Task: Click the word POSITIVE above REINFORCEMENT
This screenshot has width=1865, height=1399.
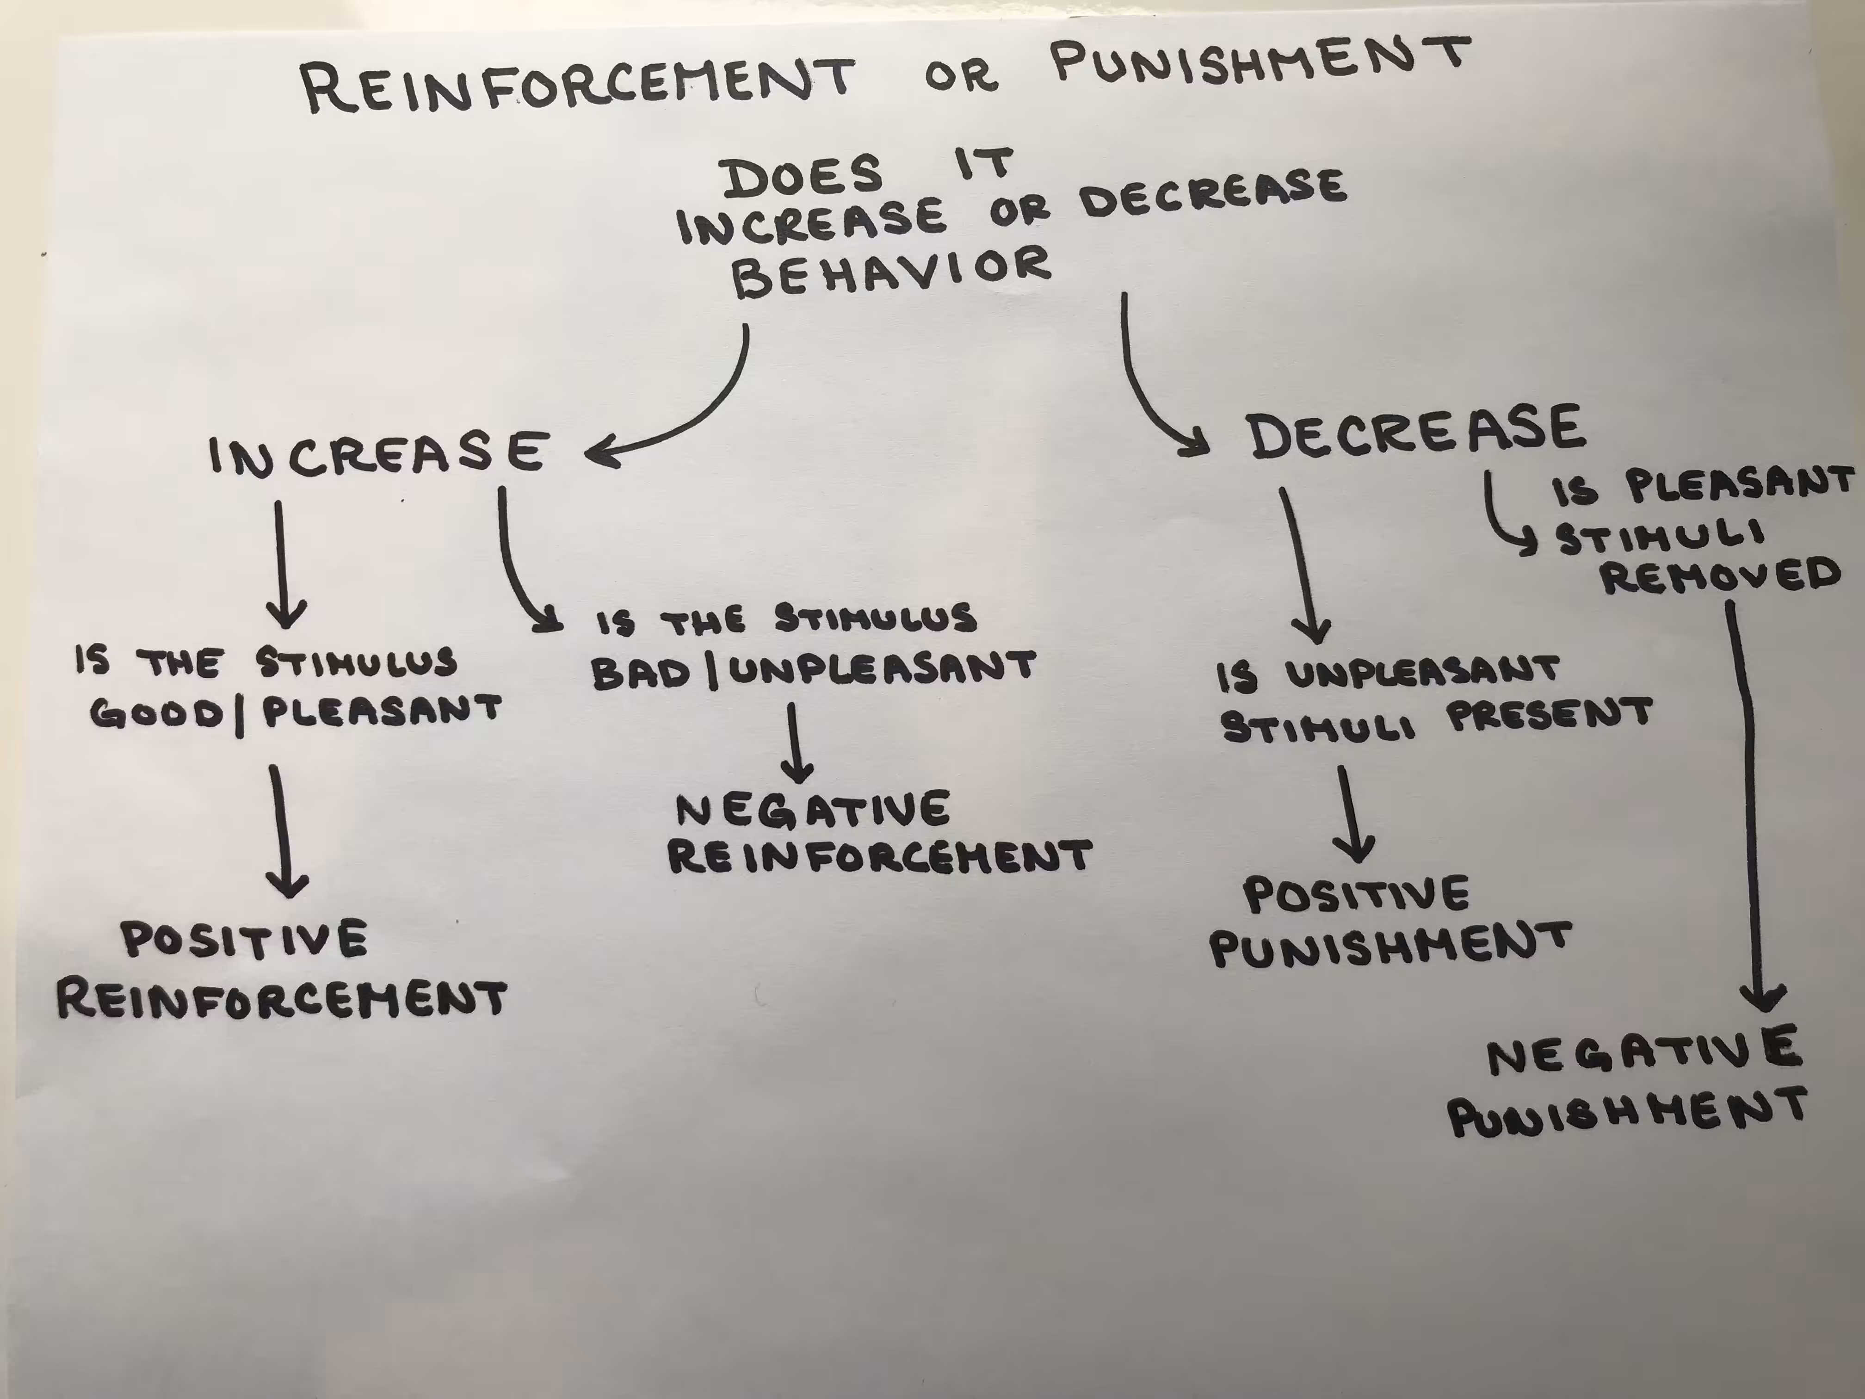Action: (x=245, y=938)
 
